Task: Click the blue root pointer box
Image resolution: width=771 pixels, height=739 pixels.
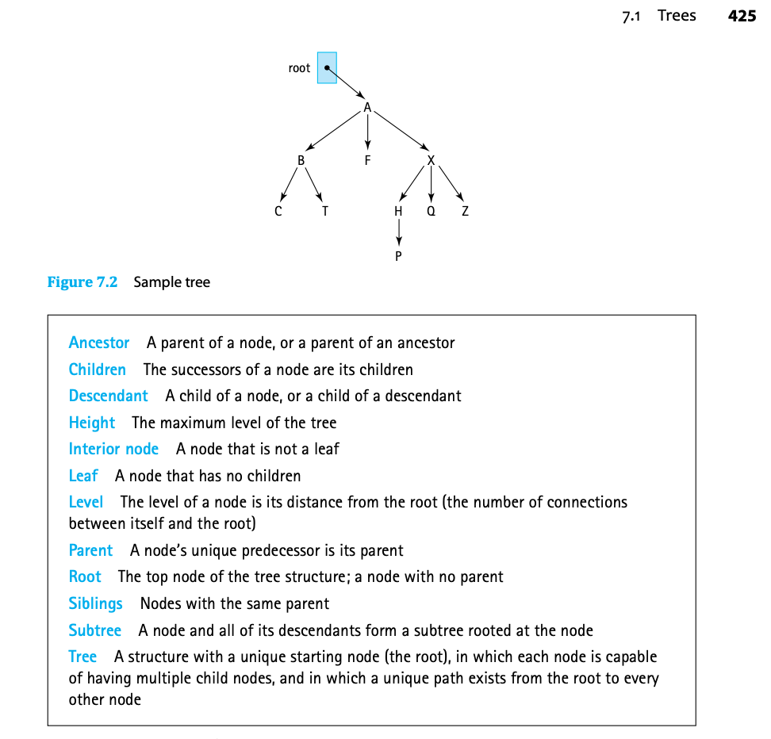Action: pos(327,68)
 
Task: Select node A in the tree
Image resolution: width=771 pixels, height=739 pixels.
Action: pos(367,108)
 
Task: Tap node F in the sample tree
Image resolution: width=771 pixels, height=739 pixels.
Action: pos(367,160)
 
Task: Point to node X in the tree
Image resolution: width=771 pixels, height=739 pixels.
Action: pos(431,160)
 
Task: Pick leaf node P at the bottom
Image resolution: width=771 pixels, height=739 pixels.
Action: pos(398,256)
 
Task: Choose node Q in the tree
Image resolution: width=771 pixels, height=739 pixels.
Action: pos(431,212)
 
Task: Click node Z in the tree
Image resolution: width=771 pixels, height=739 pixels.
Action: pos(465,212)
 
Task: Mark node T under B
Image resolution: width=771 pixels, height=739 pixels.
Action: pos(325,212)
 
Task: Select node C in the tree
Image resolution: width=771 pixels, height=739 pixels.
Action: pos(278,212)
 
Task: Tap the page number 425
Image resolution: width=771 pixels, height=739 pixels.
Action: pos(742,16)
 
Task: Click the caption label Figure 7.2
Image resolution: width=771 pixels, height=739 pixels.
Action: pos(82,282)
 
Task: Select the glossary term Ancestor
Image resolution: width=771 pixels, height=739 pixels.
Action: pos(99,343)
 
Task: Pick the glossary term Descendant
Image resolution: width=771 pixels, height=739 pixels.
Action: pos(108,396)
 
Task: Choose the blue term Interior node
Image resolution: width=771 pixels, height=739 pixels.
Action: pos(113,449)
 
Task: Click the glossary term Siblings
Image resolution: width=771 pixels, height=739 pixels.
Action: pos(95,603)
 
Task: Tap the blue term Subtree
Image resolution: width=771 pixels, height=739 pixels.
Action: pos(95,630)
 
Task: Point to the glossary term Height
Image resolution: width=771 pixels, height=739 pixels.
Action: pos(92,423)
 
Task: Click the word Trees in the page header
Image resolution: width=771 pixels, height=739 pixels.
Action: pos(677,16)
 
